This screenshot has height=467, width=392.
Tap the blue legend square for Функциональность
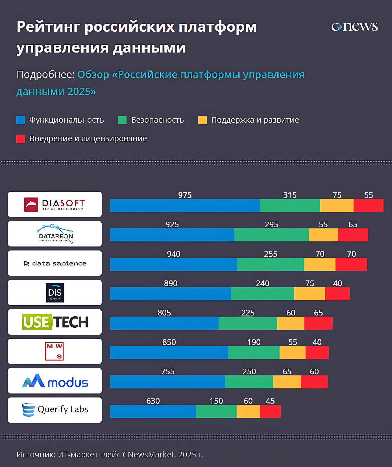[21, 120]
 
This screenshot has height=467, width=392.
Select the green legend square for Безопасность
[122, 120]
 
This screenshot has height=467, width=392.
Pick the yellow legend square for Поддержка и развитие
[202, 120]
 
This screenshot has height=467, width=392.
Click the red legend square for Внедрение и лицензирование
[21, 139]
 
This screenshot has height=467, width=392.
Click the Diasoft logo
[55, 204]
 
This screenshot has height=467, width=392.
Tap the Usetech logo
[55, 322]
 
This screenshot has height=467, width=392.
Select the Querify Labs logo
[55, 410]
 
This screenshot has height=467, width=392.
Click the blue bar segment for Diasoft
[185, 206]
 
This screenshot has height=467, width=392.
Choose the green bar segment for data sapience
[271, 264]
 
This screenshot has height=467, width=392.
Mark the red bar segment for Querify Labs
[270, 411]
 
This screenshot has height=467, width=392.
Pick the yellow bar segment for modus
[287, 382]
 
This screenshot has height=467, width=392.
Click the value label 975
[185, 195]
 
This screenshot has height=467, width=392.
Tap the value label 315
[290, 195]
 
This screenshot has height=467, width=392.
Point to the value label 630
[153, 401]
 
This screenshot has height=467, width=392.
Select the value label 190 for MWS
[254, 342]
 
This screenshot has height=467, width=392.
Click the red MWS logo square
[55, 351]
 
